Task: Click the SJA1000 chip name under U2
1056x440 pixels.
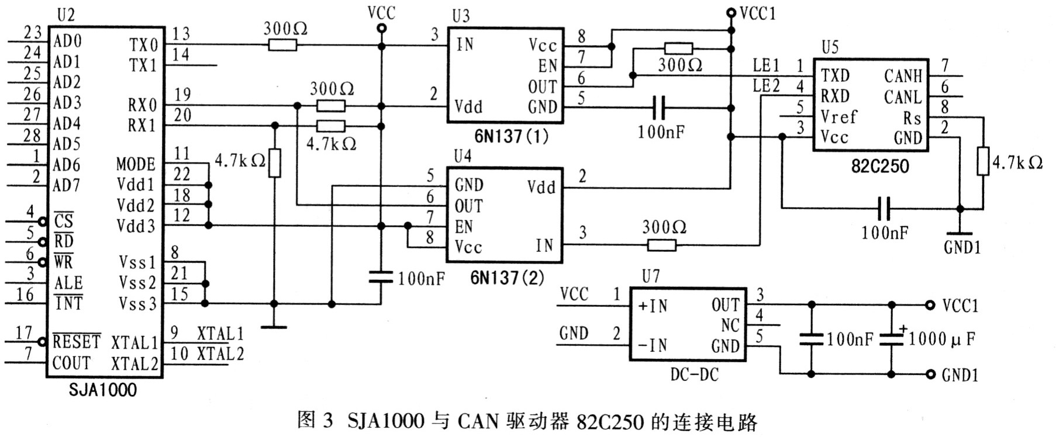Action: pyautogui.click(x=102, y=390)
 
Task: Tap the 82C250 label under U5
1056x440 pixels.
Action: pyautogui.click(x=880, y=166)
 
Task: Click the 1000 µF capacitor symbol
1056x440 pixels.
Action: pyautogui.click(x=891, y=339)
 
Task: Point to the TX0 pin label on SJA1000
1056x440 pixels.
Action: pyautogui.click(x=143, y=45)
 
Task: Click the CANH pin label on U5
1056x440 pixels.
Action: pyautogui.click(x=903, y=76)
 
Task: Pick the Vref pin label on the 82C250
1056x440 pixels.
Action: pyautogui.click(x=838, y=117)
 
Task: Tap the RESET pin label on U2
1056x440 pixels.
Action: pyautogui.click(x=77, y=341)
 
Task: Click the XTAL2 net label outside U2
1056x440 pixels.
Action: pyautogui.click(x=220, y=354)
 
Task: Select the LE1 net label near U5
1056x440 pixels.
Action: pyautogui.click(x=766, y=65)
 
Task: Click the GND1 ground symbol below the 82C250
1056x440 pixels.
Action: pyautogui.click(x=959, y=234)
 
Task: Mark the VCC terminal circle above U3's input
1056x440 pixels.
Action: pyautogui.click(x=381, y=28)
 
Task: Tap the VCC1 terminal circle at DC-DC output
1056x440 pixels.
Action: pyautogui.click(x=930, y=305)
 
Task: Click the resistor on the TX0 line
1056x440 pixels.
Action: pyautogui.click(x=282, y=44)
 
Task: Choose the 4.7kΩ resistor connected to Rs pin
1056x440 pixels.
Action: pyautogui.click(x=983, y=162)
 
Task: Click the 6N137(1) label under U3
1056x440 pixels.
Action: pyautogui.click(x=511, y=137)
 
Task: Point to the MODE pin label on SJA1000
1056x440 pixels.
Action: pyautogui.click(x=136, y=164)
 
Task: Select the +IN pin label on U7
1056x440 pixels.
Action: pyautogui.click(x=653, y=306)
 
